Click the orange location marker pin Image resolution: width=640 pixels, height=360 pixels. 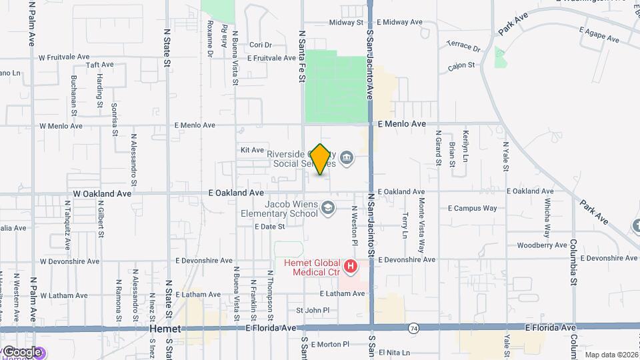pyautogui.click(x=321, y=159)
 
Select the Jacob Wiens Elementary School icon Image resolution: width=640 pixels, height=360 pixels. pyautogui.click(x=327, y=209)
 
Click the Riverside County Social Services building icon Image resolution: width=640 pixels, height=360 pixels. pyautogui.click(x=346, y=158)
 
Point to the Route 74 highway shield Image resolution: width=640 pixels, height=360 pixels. pyautogui.click(x=414, y=328)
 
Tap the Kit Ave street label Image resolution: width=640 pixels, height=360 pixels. pyautogui.click(x=253, y=151)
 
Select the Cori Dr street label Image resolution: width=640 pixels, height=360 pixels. pyautogui.click(x=261, y=45)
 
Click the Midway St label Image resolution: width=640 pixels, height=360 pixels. pyautogui.click(x=345, y=23)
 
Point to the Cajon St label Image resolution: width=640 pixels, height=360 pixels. pyautogui.click(x=461, y=65)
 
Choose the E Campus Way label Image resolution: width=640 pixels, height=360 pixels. pyautogui.click(x=472, y=209)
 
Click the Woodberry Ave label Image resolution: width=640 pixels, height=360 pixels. pyautogui.click(x=541, y=245)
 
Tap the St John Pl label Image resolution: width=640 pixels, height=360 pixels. pyautogui.click(x=313, y=310)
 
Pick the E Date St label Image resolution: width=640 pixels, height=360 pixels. pyautogui.click(x=269, y=227)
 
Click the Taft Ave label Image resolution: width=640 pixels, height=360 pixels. pyautogui.click(x=101, y=65)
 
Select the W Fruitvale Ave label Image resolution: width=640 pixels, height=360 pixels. pyautogui.click(x=64, y=57)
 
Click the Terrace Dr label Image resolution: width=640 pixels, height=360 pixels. pyautogui.click(x=463, y=47)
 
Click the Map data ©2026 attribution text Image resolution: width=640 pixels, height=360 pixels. pyautogui.click(x=611, y=355)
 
